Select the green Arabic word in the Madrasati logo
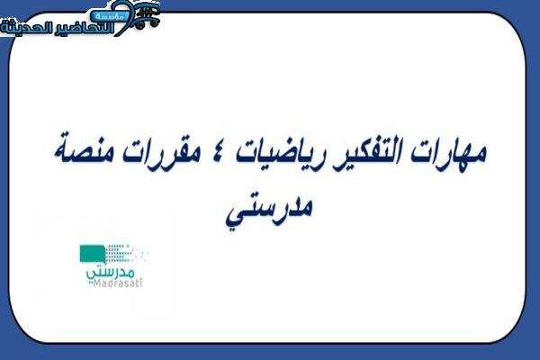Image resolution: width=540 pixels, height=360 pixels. point(110,273)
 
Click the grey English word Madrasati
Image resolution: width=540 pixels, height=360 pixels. point(117,283)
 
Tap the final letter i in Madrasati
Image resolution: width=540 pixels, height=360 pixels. point(140,283)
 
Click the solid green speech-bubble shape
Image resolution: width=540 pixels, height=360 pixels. point(93,254)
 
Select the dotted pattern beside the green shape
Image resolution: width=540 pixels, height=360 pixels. point(126,254)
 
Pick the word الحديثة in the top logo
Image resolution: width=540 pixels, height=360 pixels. point(27,28)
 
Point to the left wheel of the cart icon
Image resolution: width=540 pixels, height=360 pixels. point(139,25)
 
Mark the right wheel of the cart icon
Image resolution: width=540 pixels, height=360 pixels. point(154,22)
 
